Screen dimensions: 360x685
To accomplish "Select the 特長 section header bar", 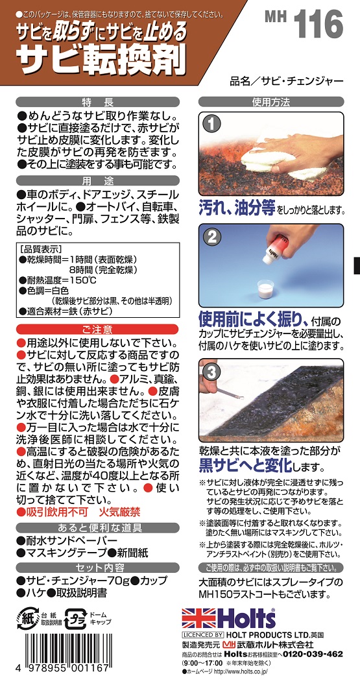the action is [x=97, y=102].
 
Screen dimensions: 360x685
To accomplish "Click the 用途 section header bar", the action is [x=97, y=180].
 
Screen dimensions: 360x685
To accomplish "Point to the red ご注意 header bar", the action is [x=97, y=329].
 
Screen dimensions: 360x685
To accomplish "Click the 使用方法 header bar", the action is [x=271, y=102].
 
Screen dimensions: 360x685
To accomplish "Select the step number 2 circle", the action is [x=212, y=237].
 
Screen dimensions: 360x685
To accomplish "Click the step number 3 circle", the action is [x=212, y=372].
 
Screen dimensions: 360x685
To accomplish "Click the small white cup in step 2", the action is [x=265, y=289].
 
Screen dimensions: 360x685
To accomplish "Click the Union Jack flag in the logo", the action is [x=197, y=618].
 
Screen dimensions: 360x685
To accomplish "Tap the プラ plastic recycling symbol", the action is [x=76, y=618].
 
